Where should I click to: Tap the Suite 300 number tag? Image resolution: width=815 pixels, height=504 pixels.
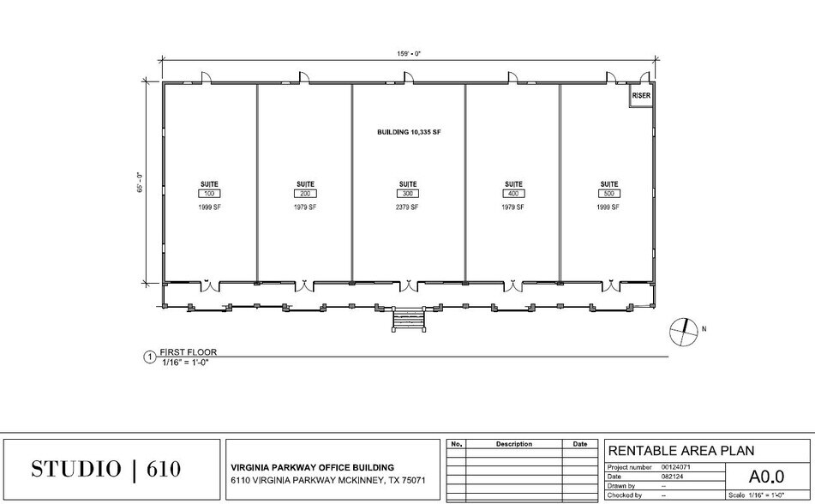point(408,195)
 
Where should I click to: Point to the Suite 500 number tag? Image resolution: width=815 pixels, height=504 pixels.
point(609,195)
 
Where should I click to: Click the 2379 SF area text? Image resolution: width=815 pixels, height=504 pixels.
point(408,207)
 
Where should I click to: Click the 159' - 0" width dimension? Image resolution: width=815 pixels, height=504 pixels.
point(408,53)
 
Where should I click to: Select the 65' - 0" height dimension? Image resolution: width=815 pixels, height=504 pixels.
point(139,183)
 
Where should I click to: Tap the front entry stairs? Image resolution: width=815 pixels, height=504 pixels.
point(408,320)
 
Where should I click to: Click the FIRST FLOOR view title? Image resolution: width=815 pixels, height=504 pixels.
point(189,351)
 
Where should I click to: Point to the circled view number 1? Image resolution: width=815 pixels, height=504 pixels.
point(150,357)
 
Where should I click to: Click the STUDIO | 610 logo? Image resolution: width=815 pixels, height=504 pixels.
point(106,469)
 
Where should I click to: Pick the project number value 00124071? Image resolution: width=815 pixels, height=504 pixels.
point(676,467)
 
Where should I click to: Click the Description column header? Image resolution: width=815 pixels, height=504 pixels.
point(513,444)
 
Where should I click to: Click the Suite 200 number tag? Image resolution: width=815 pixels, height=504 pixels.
point(306,195)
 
